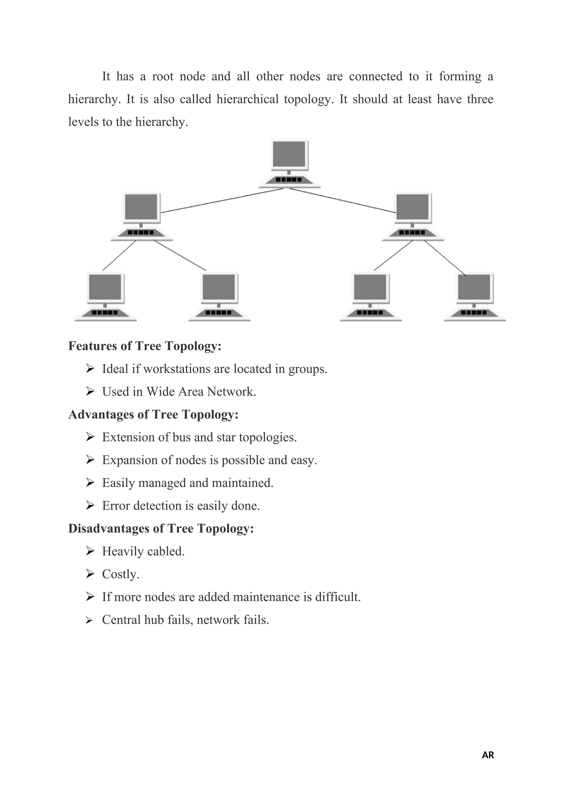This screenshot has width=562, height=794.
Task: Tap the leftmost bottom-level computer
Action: [105, 297]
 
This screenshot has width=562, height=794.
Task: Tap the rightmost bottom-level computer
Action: [474, 297]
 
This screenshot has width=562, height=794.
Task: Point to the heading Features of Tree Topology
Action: [145, 346]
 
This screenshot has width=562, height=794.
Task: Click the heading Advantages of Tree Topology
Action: [153, 414]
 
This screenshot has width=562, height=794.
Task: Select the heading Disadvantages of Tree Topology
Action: [161, 528]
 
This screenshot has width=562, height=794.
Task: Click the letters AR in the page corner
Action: [488, 755]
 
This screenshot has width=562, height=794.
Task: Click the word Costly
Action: [120, 574]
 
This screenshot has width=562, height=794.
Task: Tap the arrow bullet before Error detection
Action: [90, 505]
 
